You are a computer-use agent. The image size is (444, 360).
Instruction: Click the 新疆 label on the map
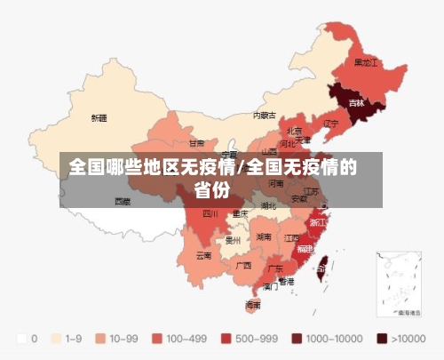point(99,117)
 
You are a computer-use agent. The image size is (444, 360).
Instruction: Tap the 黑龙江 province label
point(366,63)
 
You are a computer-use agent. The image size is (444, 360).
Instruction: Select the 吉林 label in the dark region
point(356,103)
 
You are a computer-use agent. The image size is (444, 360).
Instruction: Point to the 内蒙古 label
point(264,115)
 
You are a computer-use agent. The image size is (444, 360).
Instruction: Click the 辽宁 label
point(331,123)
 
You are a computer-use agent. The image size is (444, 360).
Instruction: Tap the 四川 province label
point(210,213)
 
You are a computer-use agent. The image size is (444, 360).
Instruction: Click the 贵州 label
point(234,240)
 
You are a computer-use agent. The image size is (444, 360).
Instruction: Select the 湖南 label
point(264,237)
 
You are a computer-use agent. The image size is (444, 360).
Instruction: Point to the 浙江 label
point(317,221)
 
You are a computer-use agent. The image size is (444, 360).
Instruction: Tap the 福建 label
point(305,248)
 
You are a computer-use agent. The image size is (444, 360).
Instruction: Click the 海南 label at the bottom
point(253,305)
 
